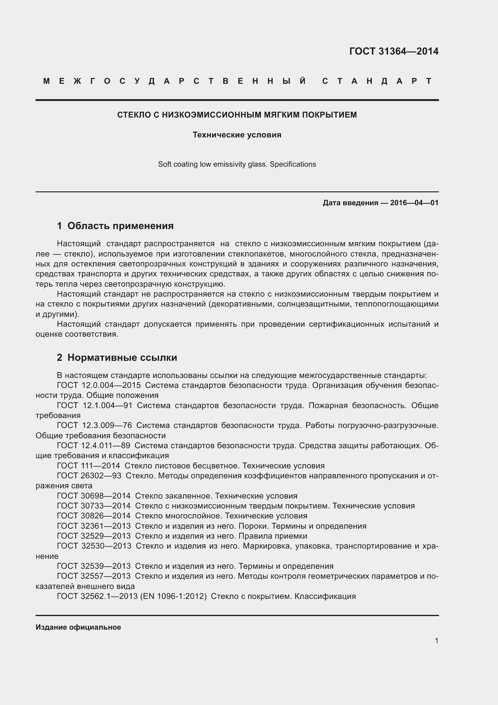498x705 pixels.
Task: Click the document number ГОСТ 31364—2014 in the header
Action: (394, 51)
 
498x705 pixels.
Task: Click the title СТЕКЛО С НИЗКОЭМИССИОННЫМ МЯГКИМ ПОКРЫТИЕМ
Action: (237, 115)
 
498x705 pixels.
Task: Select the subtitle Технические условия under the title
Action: (237, 135)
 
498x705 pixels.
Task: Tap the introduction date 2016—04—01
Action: (414, 203)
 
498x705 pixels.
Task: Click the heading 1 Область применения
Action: (115, 226)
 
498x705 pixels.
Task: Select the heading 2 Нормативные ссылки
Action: (117, 357)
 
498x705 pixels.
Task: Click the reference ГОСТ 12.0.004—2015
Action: (99, 386)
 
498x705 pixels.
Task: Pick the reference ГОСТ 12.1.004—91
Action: (95, 405)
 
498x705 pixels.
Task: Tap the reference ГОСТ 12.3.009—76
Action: (94, 425)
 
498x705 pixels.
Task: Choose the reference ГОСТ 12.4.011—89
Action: (94, 445)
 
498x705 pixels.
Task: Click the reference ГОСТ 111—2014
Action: (88, 466)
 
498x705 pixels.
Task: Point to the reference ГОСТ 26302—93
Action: (89, 476)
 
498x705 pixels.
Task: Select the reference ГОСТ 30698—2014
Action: (94, 496)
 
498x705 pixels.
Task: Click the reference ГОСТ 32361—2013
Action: (94, 526)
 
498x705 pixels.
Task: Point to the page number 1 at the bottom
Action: (437, 640)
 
